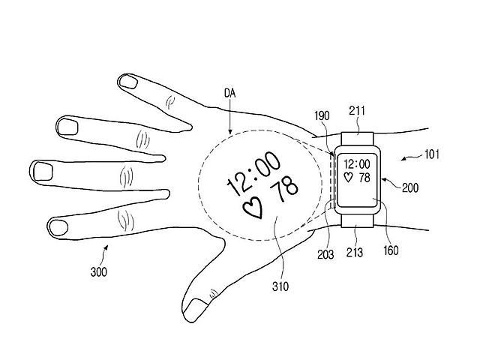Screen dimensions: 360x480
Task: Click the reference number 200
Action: click(410, 187)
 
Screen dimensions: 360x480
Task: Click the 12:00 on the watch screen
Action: click(357, 163)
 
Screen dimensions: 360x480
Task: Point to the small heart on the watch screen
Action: click(347, 177)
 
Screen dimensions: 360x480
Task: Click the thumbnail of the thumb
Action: click(196, 307)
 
